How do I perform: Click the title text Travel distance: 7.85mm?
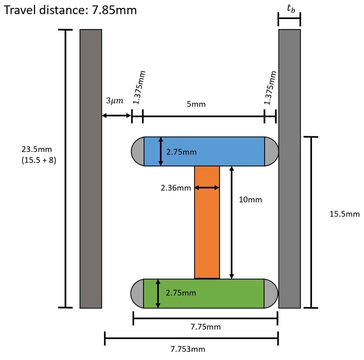[69, 10]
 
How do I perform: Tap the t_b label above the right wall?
[289, 9]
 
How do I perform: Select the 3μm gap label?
[113, 101]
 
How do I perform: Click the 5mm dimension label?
[199, 104]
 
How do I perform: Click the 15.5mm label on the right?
[344, 214]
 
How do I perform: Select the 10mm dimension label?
[251, 199]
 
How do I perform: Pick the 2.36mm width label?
[175, 188]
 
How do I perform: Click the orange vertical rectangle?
[207, 222]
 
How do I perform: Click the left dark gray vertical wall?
[91, 168]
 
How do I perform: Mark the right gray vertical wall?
[289, 168]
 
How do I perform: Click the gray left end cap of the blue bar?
[138, 151]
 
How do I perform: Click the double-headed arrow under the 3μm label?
[116, 116]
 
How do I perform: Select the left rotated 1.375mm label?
[136, 88]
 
